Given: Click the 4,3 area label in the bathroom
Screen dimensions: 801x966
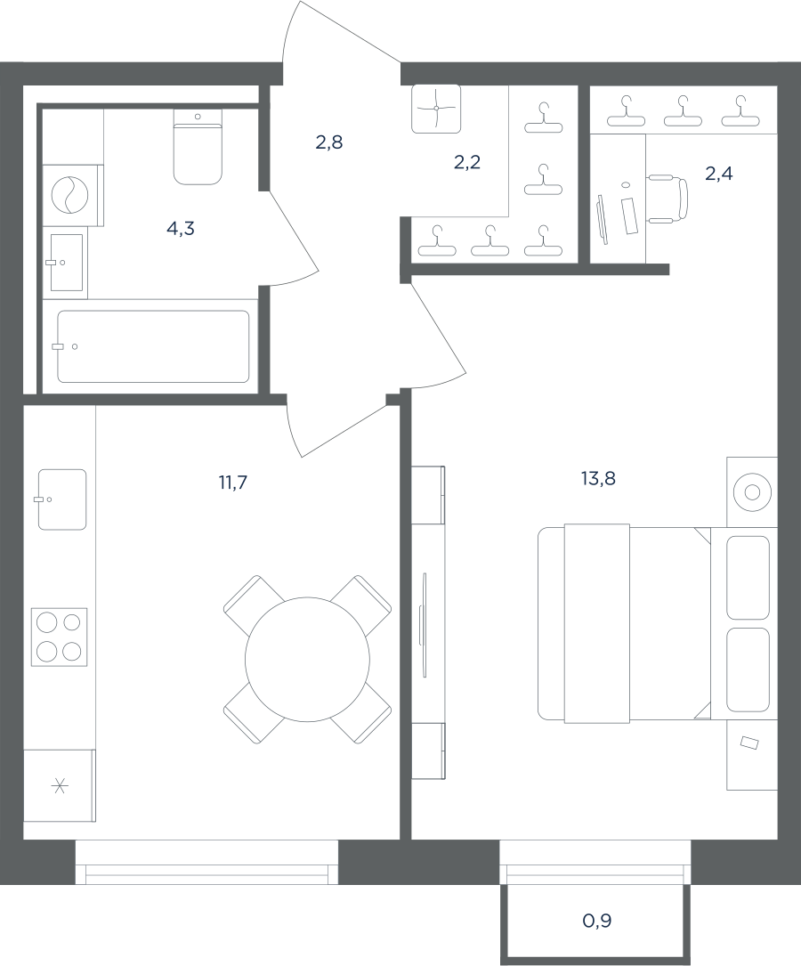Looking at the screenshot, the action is [x=181, y=229].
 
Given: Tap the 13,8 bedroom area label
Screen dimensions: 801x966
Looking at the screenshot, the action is [x=598, y=478].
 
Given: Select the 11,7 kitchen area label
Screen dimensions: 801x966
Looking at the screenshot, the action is [x=232, y=483].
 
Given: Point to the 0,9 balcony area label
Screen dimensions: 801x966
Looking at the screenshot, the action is [x=596, y=921].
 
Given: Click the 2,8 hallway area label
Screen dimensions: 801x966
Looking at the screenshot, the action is [x=329, y=142].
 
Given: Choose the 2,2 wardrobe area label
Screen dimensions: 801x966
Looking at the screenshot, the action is [x=466, y=162].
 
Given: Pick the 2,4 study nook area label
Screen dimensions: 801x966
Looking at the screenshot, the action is [x=718, y=174].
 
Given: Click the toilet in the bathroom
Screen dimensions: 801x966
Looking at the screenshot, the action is [x=198, y=147].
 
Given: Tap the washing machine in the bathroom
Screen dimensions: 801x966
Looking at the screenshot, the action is [x=71, y=195].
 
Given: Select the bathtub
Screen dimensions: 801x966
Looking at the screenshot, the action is [x=153, y=346].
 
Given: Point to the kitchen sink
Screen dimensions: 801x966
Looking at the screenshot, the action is [x=62, y=499].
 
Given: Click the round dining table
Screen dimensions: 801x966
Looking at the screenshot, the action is [x=307, y=659].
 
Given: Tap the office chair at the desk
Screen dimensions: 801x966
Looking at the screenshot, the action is [x=668, y=199].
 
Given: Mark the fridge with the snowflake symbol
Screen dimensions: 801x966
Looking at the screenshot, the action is [x=59, y=785].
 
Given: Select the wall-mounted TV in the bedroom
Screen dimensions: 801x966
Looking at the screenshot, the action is [x=423, y=625].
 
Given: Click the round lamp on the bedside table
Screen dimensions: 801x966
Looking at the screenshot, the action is [x=752, y=492].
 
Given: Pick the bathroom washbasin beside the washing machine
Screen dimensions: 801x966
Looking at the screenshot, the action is [x=66, y=263].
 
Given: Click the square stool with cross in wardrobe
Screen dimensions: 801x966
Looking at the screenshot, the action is [x=436, y=109].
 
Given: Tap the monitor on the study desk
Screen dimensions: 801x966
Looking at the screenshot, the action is [x=603, y=220].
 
